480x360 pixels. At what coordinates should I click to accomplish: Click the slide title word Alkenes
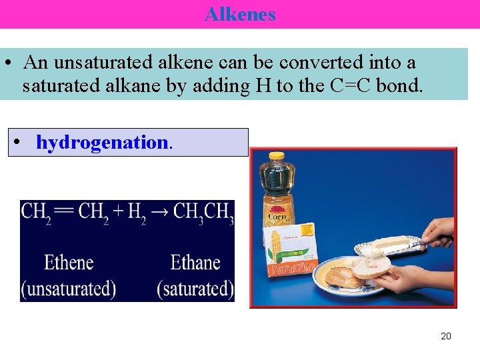(240, 14)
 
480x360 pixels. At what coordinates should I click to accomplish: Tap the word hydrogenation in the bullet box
(102, 142)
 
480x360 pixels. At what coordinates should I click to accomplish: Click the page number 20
(446, 336)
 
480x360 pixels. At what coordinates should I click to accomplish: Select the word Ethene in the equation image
(69, 262)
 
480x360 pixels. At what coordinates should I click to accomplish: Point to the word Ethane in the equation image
(195, 262)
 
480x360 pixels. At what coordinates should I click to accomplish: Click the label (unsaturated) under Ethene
(68, 289)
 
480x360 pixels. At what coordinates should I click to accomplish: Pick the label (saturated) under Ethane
(195, 289)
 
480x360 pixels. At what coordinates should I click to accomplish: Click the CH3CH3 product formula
(203, 213)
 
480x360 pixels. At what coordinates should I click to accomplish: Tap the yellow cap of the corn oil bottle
(277, 157)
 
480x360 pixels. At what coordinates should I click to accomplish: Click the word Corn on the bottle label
(277, 217)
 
